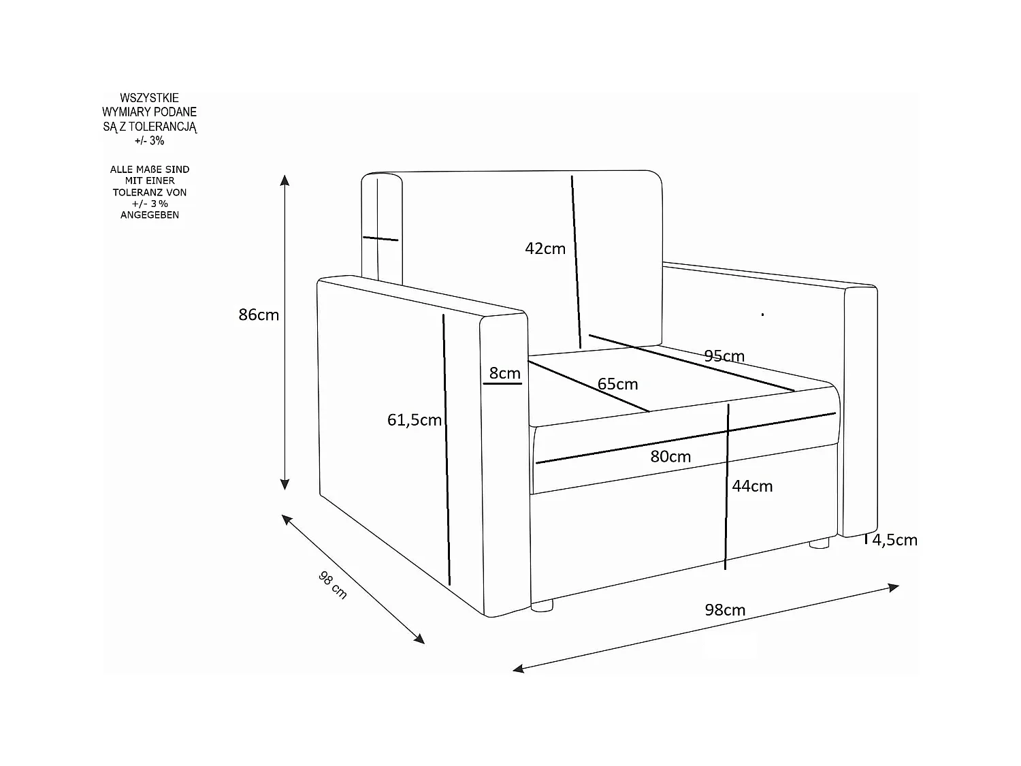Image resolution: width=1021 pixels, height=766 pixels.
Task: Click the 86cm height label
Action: pyautogui.click(x=259, y=315)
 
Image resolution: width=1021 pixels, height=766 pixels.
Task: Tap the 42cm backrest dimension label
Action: pyautogui.click(x=545, y=249)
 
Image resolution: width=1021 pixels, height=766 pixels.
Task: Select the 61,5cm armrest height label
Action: pyautogui.click(x=415, y=420)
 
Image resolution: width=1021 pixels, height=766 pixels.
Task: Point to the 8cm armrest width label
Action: pyautogui.click(x=504, y=373)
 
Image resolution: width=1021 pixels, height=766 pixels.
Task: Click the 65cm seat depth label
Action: pyautogui.click(x=617, y=384)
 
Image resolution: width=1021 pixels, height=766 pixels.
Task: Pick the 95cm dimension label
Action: pyautogui.click(x=724, y=356)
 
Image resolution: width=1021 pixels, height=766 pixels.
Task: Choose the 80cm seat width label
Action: pyautogui.click(x=670, y=456)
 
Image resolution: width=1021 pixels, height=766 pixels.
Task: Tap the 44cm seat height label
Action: pyautogui.click(x=752, y=486)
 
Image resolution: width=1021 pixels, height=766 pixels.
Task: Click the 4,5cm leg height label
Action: pyautogui.click(x=895, y=540)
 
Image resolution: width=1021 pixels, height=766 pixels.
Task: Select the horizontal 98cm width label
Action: pyautogui.click(x=725, y=610)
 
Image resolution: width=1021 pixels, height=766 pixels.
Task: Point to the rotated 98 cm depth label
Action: pyautogui.click(x=333, y=585)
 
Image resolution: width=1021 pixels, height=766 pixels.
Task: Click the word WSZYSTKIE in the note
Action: pyautogui.click(x=149, y=98)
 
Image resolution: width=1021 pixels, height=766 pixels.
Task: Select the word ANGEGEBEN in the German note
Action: pyautogui.click(x=150, y=214)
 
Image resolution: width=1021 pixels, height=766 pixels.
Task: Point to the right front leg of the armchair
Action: pyautogui.click(x=819, y=543)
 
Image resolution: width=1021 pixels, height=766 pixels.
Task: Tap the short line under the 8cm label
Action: pyautogui.click(x=502, y=383)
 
